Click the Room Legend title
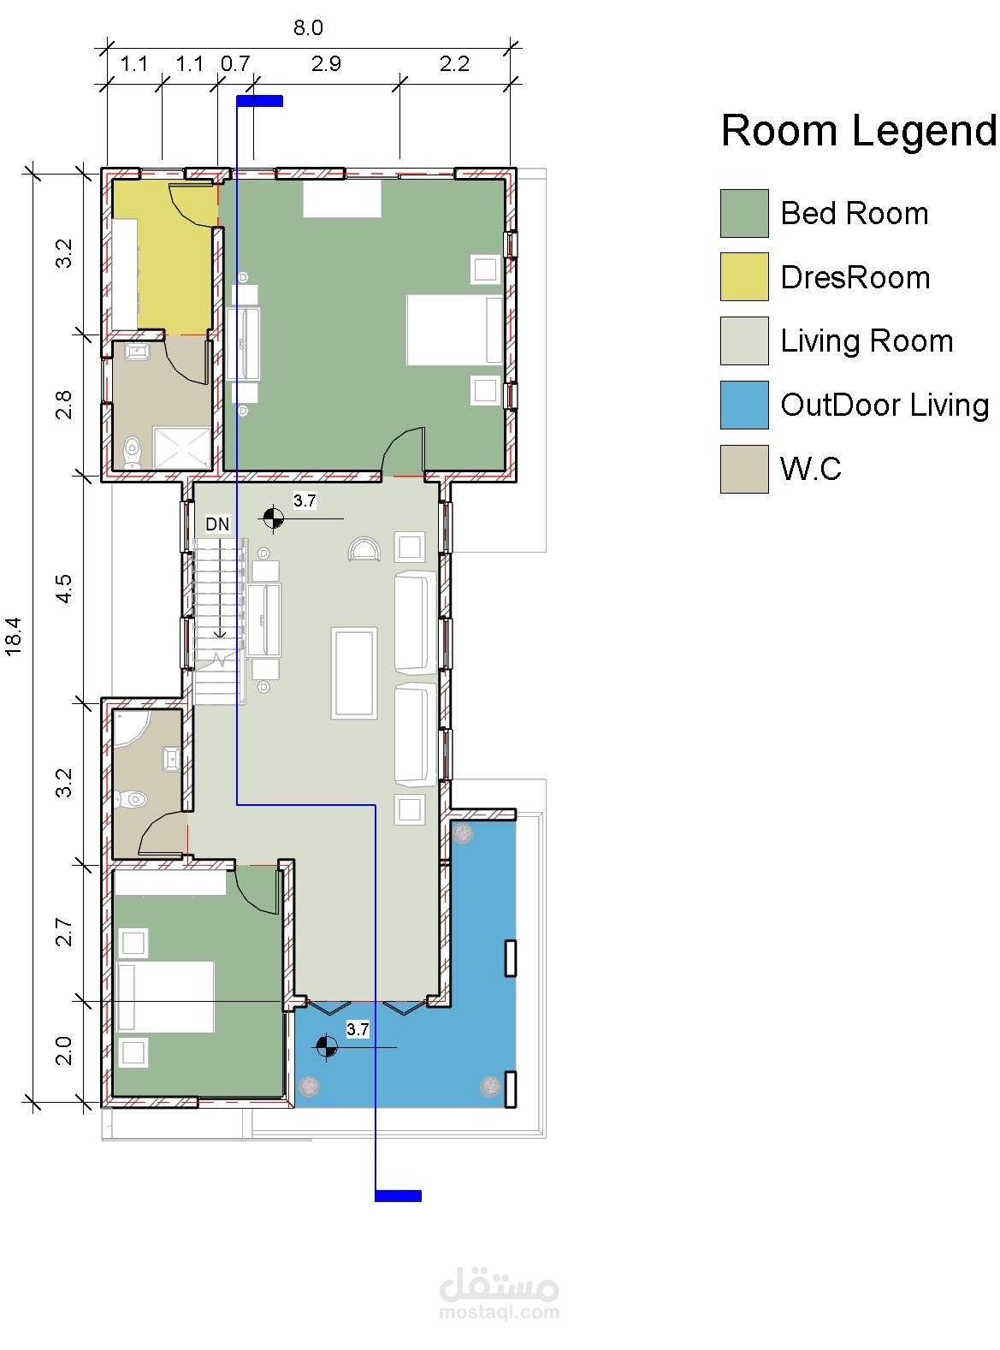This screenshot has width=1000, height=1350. coord(858,130)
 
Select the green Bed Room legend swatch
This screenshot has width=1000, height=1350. coord(743,213)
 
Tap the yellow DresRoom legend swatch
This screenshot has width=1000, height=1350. coord(743,277)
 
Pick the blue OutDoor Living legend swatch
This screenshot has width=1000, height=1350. coord(743,405)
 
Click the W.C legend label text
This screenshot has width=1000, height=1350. coord(810,469)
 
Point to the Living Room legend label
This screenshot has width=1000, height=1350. coord(866,340)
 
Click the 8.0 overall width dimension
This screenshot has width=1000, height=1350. coord(308,27)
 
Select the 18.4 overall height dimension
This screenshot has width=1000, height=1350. coord(14,636)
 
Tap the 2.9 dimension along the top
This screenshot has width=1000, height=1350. coord(326,63)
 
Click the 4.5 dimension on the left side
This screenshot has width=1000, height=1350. coord(63,588)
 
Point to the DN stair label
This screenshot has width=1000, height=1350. coord(217,524)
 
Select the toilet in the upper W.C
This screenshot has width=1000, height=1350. coord(132,453)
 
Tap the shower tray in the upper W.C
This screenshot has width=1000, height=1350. coord(181,448)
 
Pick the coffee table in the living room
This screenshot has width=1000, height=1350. coord(352,674)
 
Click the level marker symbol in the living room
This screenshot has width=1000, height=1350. coord(273,518)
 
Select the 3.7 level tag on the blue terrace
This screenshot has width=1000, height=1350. coord(358,1029)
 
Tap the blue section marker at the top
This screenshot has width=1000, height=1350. coord(260,101)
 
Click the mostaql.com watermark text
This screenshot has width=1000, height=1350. coord(499,1312)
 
